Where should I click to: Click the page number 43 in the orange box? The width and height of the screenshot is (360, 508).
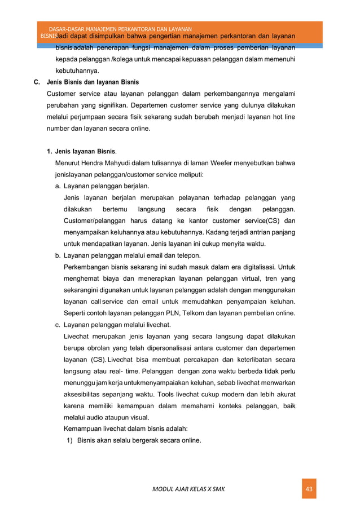[x=309, y=488]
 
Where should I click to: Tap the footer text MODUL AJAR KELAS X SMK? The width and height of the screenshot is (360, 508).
[x=188, y=488]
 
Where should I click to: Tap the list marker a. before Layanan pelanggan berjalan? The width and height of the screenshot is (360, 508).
[x=58, y=185]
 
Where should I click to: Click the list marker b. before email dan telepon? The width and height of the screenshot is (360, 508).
[x=58, y=255]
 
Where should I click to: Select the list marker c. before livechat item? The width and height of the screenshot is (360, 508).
[x=58, y=325]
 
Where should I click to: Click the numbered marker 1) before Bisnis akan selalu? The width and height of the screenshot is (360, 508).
[x=71, y=440]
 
